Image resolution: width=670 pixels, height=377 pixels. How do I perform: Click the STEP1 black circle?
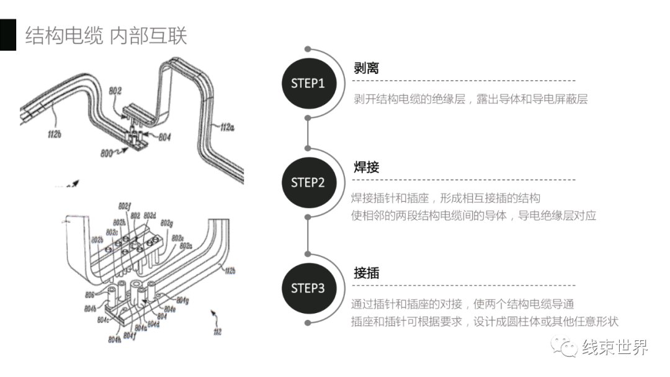[308, 83]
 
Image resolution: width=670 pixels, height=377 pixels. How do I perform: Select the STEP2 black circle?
[308, 183]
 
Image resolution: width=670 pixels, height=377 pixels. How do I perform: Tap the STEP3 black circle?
[308, 288]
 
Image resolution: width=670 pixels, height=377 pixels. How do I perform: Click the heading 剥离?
[366, 68]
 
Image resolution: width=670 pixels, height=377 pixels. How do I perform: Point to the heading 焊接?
[366, 168]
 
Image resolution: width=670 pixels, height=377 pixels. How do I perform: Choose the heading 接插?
[366, 273]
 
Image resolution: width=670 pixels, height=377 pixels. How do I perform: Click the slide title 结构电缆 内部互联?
[106, 35]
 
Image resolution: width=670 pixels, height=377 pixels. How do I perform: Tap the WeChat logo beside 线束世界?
[565, 347]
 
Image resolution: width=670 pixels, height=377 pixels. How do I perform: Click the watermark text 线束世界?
[615, 347]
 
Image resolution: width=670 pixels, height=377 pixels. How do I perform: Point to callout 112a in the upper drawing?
[228, 127]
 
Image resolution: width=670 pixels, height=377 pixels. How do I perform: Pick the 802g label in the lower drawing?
[166, 223]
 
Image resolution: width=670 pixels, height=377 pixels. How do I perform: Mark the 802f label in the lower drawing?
[124, 206]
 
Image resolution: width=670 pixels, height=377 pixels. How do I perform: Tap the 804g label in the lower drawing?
[181, 301]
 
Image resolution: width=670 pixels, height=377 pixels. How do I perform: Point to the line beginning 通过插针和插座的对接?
[462, 304]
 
